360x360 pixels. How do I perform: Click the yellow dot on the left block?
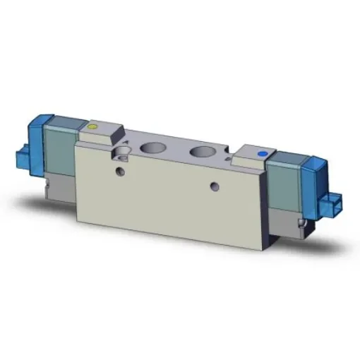click(x=92, y=127)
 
